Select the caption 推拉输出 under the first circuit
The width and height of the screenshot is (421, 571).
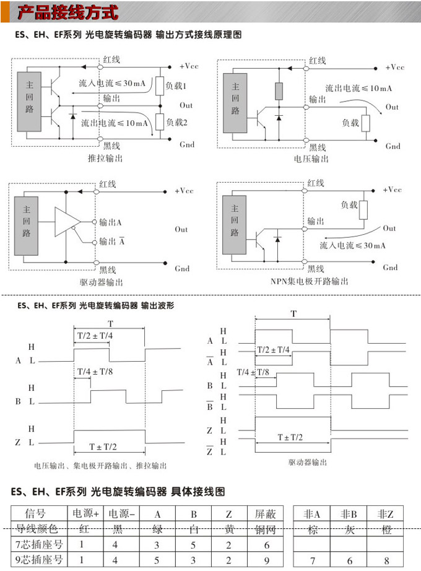click(x=106, y=159)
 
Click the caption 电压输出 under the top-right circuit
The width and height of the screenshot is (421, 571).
click(x=311, y=159)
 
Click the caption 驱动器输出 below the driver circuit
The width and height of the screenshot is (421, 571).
click(x=102, y=282)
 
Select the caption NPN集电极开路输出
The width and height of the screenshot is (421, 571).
click(x=310, y=282)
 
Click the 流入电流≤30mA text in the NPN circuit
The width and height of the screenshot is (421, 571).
click(x=353, y=246)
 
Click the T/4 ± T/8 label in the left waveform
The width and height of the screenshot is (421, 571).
click(x=94, y=372)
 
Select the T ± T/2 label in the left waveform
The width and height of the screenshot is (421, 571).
click(x=103, y=447)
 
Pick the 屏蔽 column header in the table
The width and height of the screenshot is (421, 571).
click(x=266, y=513)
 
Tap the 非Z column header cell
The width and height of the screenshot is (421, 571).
click(x=385, y=513)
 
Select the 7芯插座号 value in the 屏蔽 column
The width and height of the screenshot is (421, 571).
click(x=266, y=545)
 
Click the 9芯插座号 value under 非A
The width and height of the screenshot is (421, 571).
click(x=312, y=560)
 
